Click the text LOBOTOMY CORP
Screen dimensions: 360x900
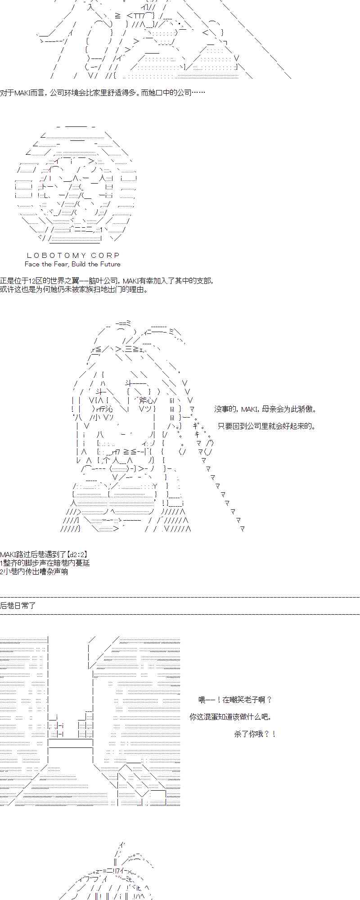tap(73, 256)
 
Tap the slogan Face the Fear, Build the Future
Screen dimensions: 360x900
tap(72, 264)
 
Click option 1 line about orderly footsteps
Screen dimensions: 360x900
tap(45, 563)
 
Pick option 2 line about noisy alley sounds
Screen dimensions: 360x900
tap(34, 571)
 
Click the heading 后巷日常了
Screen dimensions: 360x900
tap(18, 606)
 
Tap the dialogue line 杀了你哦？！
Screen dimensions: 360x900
tap(255, 734)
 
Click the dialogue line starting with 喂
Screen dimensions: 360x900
tap(235, 700)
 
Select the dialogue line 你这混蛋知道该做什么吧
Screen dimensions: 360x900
tap(230, 717)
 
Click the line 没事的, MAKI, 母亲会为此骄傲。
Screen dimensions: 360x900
tap(265, 409)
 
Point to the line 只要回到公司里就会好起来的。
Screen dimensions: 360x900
tap(267, 426)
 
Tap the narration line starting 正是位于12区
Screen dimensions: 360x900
tap(107, 281)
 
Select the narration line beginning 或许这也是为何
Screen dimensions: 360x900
tap(74, 289)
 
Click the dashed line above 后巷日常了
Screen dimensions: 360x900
tap(180, 597)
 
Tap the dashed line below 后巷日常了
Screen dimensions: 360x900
tap(180, 614)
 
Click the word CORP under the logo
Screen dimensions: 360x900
tap(105, 256)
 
